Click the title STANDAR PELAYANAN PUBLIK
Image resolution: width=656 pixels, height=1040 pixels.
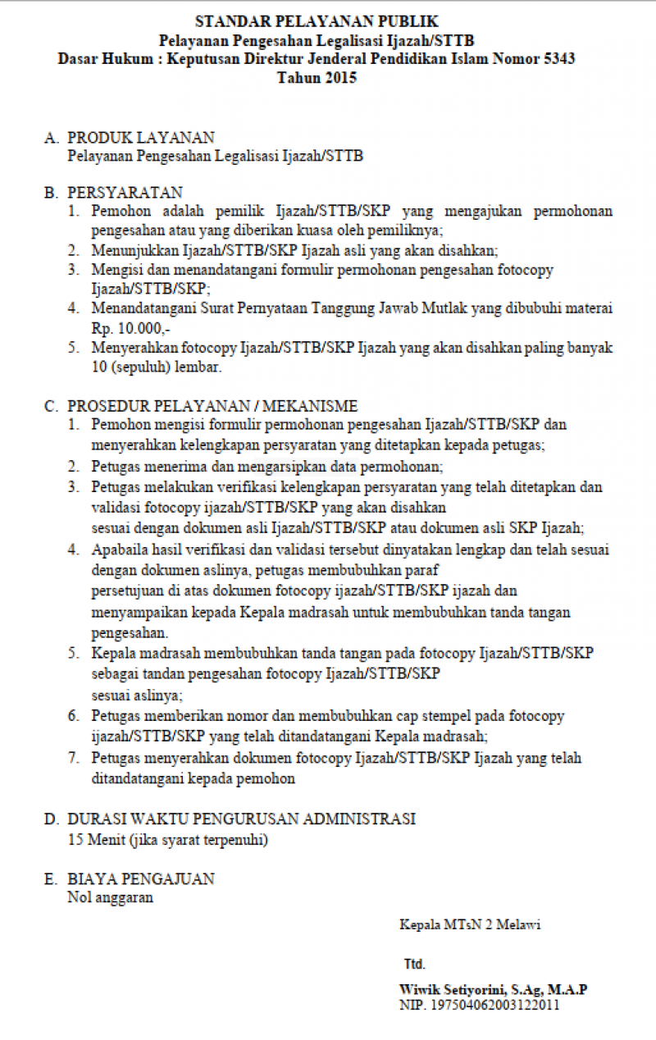pos(317,21)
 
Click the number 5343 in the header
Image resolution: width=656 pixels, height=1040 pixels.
pos(559,59)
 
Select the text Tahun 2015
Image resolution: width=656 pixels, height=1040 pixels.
pos(317,79)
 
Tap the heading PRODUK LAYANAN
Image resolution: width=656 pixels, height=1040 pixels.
pos(140,137)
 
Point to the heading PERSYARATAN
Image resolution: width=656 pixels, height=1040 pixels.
pos(125,193)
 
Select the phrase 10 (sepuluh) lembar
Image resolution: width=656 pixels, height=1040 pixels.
pos(156,367)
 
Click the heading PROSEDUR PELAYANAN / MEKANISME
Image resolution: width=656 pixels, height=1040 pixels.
pos(212,406)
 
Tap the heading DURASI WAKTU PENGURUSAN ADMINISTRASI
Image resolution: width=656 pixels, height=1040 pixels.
pos(241,819)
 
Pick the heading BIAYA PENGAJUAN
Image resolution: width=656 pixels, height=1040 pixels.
pos(140,879)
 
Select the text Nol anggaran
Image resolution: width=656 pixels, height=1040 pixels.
pos(110,897)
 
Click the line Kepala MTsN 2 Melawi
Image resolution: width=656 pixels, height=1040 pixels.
pos(470,925)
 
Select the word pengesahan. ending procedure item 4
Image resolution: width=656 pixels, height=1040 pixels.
pos(130,633)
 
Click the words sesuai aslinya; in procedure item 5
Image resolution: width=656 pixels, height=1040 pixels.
pos(125,696)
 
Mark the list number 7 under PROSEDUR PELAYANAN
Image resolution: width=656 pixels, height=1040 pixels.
pos(74,758)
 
